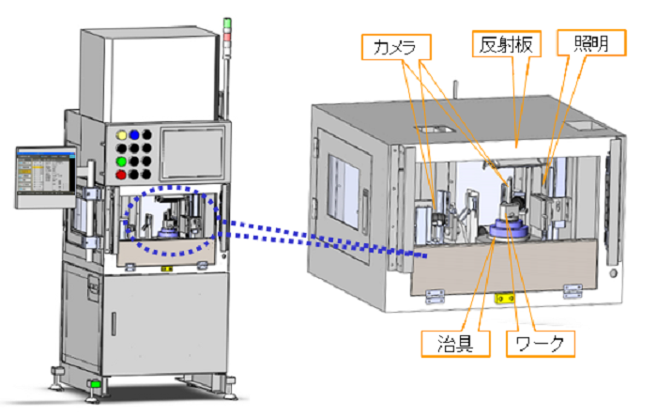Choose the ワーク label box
[x=535, y=343]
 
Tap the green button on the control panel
[x=120, y=161]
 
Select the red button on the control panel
[x=120, y=174]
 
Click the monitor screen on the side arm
[x=42, y=174]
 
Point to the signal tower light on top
[x=225, y=34]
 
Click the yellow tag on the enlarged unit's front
[x=504, y=299]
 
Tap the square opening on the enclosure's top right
[x=577, y=123]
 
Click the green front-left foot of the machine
[x=95, y=385]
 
